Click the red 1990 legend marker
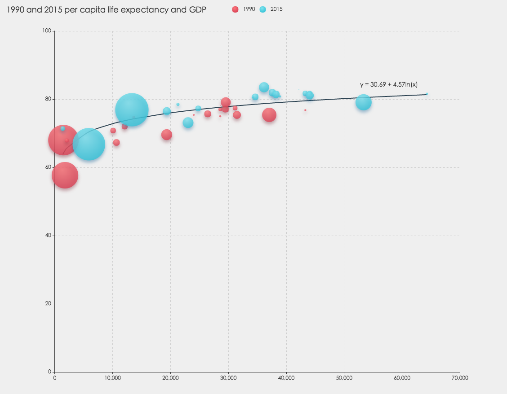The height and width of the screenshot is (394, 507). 235,9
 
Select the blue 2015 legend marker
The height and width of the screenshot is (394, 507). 263,9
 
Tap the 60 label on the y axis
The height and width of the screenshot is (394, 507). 50,167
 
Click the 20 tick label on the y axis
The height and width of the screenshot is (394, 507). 50,304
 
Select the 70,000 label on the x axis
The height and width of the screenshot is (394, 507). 460,378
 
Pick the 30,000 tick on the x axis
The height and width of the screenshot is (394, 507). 228,378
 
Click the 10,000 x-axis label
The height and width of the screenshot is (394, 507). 112,378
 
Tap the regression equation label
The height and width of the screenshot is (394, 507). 389,84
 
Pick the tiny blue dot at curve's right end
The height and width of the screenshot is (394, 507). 427,94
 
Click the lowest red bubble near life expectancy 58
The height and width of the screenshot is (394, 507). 65,175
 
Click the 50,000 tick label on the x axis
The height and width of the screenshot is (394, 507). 344,378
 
